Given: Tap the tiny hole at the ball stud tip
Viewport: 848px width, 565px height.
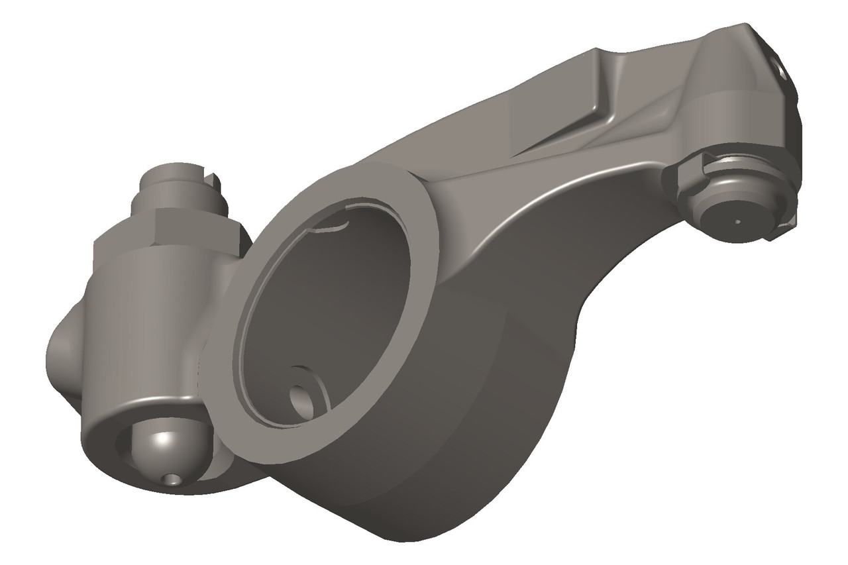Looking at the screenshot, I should click(174, 479).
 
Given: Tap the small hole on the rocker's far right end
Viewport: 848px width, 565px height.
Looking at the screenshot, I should click(782, 69).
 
